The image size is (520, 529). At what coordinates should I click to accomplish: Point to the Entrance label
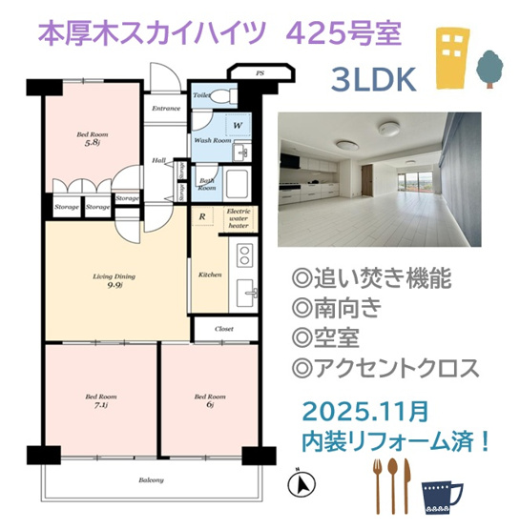click(166, 109)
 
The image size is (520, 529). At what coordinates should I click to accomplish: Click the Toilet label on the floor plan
click(201, 96)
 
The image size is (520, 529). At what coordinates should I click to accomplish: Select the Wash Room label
click(213, 140)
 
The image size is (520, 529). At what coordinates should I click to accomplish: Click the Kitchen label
click(210, 275)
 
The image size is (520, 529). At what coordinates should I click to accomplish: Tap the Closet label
click(224, 328)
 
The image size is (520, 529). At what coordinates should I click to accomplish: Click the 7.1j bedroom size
click(101, 407)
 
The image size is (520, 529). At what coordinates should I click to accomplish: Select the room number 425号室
click(344, 35)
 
